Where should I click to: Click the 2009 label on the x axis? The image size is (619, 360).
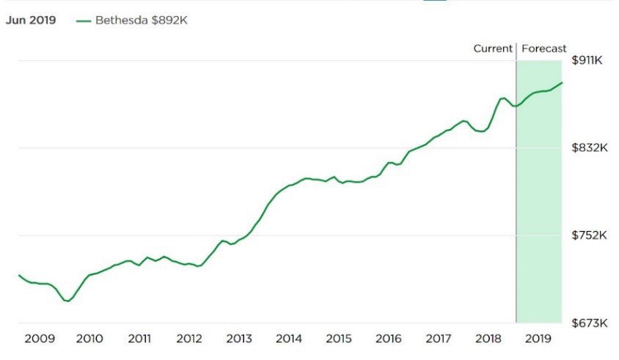point(40,339)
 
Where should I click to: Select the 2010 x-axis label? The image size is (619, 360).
point(89,339)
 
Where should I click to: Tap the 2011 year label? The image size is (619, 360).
point(139,339)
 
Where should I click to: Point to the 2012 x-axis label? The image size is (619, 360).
point(189,339)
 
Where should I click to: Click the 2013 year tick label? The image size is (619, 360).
point(239,339)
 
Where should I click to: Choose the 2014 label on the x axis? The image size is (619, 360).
point(289,339)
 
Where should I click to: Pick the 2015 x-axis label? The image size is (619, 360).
point(338,339)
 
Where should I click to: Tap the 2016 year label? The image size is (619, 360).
point(388,339)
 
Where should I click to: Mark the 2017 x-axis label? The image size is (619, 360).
point(438,339)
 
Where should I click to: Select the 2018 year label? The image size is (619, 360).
point(488,339)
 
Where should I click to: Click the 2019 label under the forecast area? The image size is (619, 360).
point(538,339)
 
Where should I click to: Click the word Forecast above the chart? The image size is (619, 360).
point(544,48)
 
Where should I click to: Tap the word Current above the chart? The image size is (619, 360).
point(492,48)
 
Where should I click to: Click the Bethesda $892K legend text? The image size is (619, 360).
point(142,21)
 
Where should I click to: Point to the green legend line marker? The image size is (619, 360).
point(84,21)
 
